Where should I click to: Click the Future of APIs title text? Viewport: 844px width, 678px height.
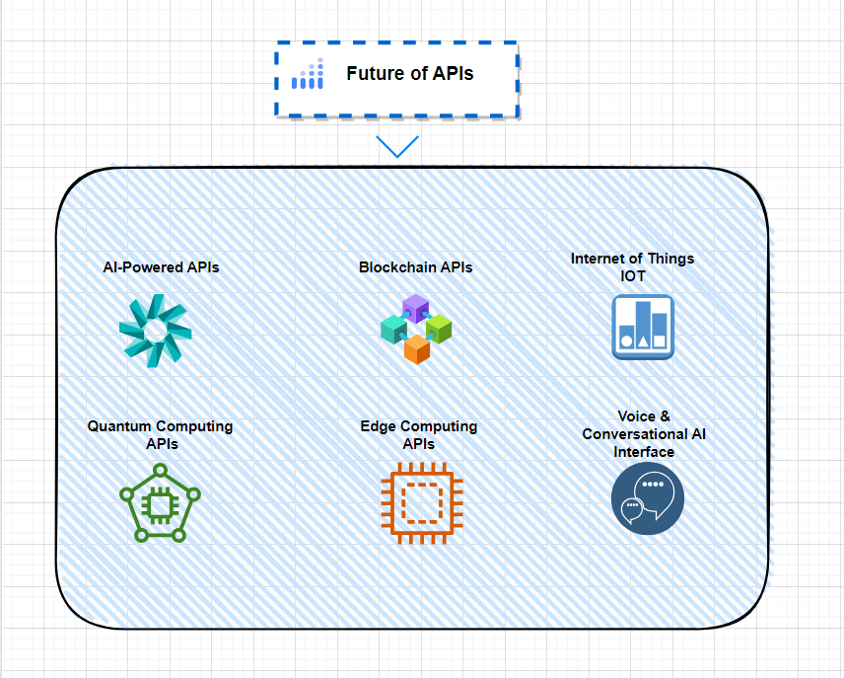409,73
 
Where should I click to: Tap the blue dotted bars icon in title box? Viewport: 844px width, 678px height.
309,75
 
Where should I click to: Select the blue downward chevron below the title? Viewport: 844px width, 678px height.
397,147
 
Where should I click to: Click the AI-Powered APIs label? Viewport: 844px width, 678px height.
161,267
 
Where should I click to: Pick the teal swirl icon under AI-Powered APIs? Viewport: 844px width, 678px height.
155,331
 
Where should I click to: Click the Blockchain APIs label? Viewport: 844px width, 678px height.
415,267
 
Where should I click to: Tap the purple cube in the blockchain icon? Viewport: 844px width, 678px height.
415,308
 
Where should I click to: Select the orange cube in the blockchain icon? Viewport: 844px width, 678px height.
416,348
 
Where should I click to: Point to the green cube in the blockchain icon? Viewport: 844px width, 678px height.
438,328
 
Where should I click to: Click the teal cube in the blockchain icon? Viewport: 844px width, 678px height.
393,329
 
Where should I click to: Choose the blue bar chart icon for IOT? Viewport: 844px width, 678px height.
642,327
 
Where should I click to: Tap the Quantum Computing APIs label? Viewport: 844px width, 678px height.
160,435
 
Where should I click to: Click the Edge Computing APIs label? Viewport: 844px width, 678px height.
418,435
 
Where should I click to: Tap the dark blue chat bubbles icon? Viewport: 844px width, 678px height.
647,498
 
